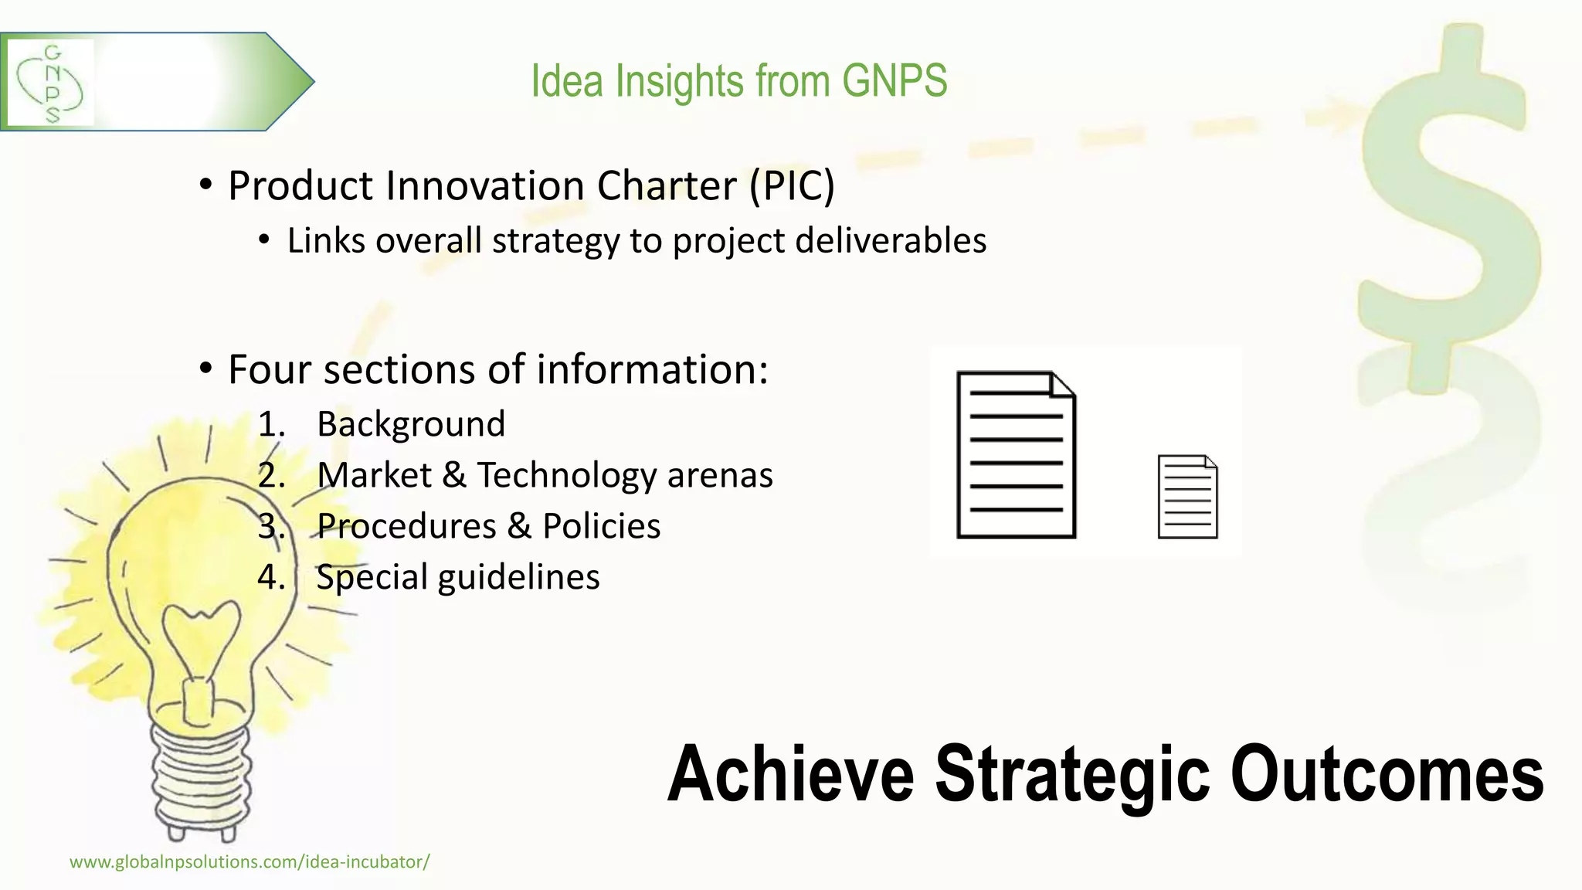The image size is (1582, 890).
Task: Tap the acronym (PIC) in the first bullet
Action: coord(792,186)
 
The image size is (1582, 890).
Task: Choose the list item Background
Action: coord(410,424)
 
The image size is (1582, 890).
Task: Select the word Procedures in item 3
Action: coord(406,526)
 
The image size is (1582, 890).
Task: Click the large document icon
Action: coord(1016,454)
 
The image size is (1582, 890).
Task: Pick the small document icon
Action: coord(1187,497)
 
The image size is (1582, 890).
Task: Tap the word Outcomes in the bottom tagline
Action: coord(1387,774)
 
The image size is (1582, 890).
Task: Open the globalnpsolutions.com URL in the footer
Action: coord(250,862)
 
